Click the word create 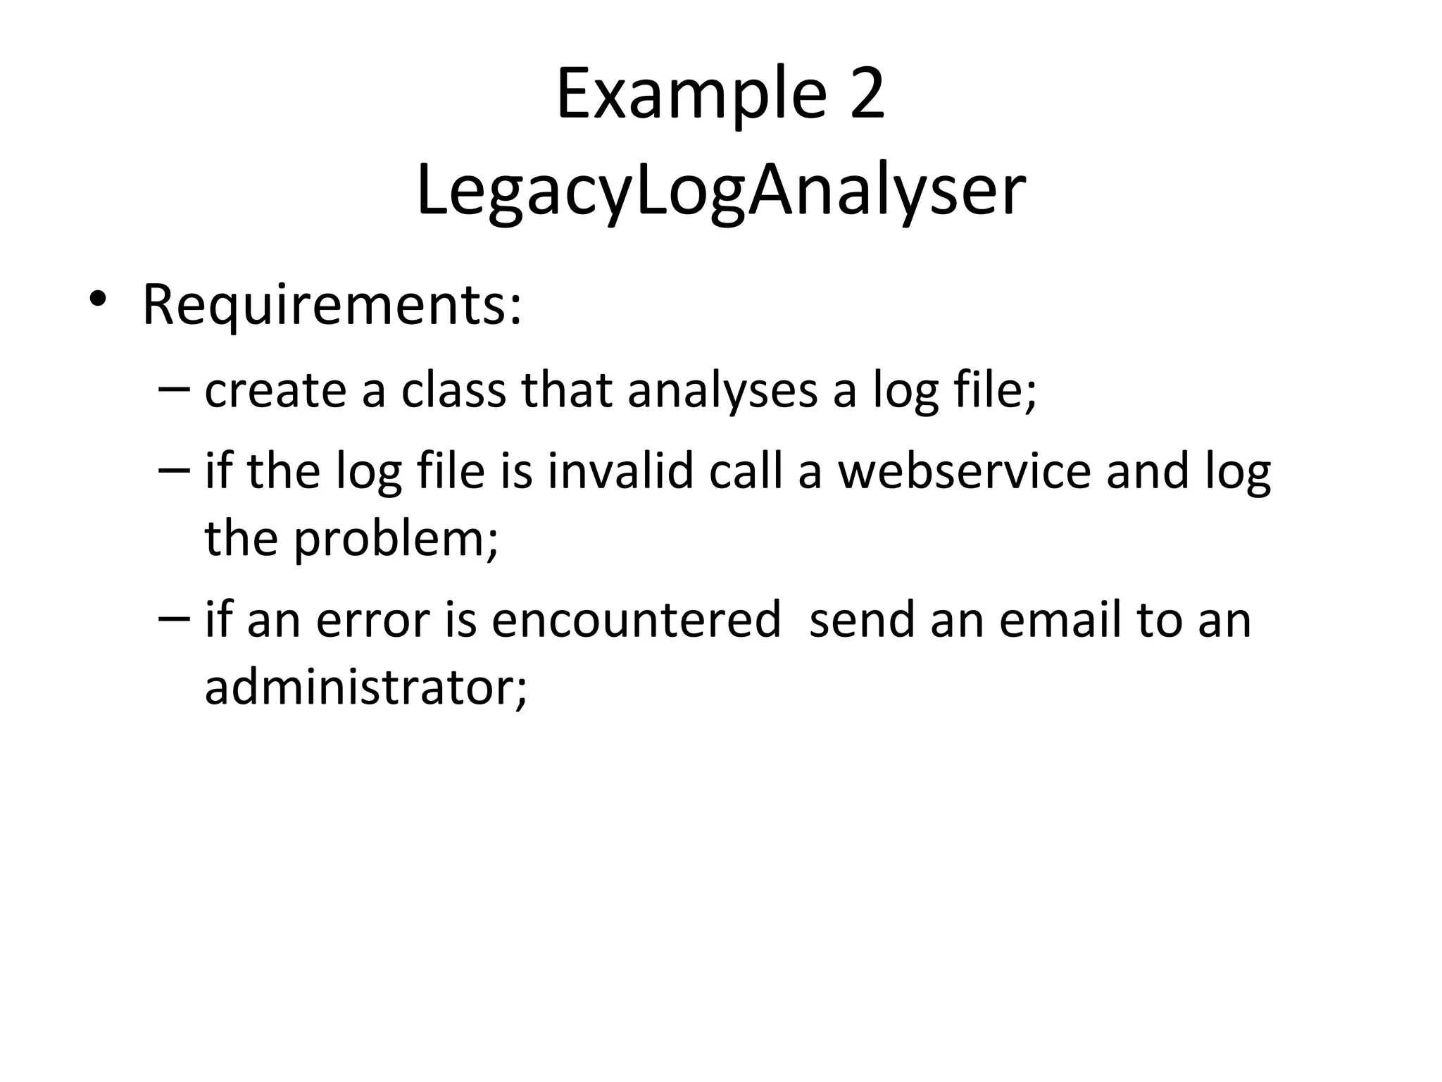pyautogui.click(x=275, y=391)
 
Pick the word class pyautogui.click(x=453, y=391)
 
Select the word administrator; pyautogui.click(x=365, y=687)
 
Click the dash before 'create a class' pyautogui.click(x=174, y=389)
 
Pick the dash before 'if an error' pyautogui.click(x=174, y=618)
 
